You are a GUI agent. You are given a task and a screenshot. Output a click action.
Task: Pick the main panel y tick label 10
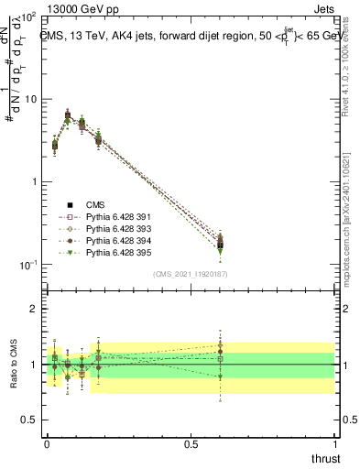click(x=29, y=99)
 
